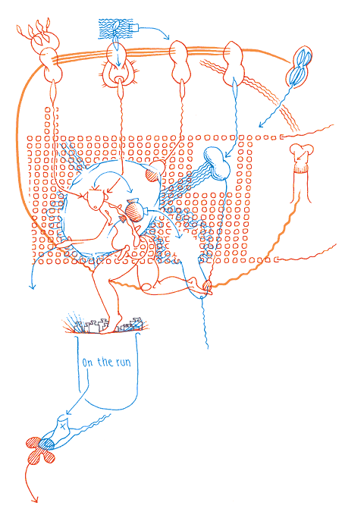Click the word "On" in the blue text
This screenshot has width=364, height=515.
[87, 363]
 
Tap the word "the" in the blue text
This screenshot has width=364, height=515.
[105, 362]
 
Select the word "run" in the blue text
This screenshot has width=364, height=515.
[123, 363]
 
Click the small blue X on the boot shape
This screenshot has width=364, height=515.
[63, 426]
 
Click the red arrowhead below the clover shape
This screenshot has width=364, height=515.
[35, 500]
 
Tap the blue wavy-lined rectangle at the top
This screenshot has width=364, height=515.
[115, 29]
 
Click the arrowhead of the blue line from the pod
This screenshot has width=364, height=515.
[261, 124]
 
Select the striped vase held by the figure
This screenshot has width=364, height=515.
[133, 209]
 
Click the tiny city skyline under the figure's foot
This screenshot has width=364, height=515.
[108, 325]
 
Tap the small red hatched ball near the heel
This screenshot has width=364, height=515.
[207, 284]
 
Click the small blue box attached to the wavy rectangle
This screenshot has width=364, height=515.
[135, 28]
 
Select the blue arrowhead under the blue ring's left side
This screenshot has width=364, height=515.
[32, 287]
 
